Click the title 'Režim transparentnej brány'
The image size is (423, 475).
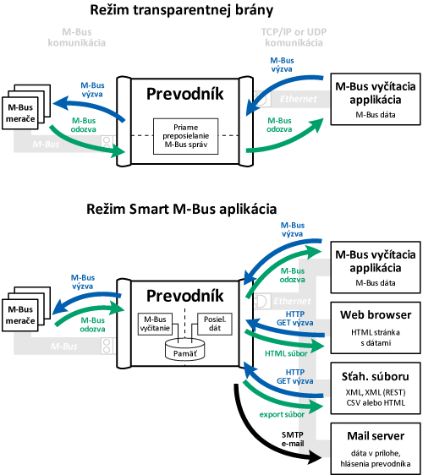coord(182,10)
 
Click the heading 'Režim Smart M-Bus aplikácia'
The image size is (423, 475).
coord(182,209)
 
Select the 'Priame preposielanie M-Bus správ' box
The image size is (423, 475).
coord(185,136)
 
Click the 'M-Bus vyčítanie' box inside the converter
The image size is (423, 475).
coord(155,324)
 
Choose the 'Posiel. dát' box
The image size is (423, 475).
coord(215,324)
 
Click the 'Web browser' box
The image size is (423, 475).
coord(376,327)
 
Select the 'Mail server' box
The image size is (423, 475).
coord(376,449)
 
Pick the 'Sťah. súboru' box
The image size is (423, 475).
coord(376,388)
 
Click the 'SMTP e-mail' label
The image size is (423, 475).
coord(293,440)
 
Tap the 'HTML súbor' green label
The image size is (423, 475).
coord(286,353)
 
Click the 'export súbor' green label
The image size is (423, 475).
coord(282,414)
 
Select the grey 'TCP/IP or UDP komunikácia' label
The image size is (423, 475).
coord(294,37)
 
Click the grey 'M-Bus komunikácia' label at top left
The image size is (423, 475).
coord(77,37)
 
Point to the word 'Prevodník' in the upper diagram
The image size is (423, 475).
coord(185,94)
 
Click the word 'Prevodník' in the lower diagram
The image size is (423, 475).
coord(185,296)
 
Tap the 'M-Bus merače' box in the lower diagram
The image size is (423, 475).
coord(20,315)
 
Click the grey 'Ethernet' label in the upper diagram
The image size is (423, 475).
coord(298,99)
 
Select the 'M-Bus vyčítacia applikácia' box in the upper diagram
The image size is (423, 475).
coord(376,99)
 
